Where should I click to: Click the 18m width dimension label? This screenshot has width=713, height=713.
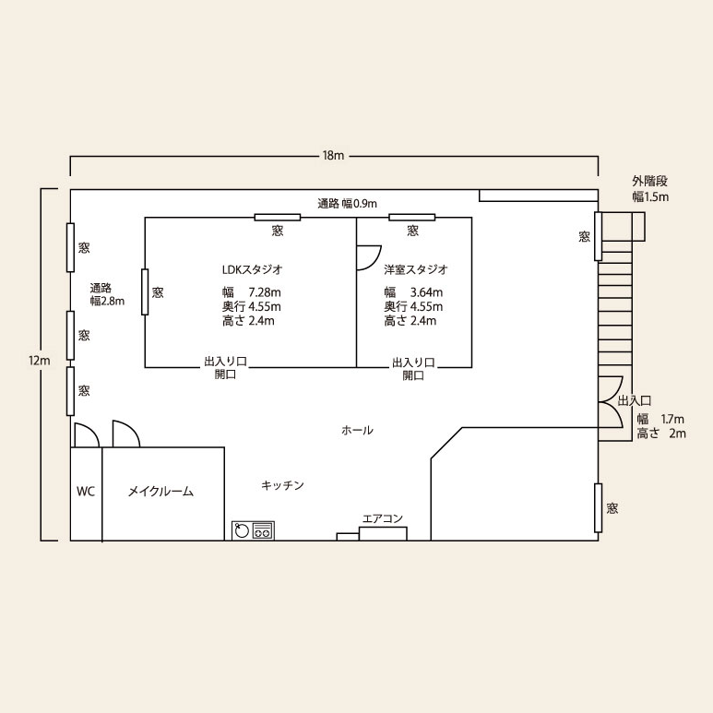click(333, 156)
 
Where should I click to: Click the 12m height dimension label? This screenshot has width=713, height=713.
click(40, 361)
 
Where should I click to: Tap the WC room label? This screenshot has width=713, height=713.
click(86, 491)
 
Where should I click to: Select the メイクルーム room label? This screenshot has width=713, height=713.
click(160, 492)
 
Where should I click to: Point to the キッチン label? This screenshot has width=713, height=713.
click(282, 485)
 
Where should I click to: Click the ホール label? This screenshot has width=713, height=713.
click(357, 430)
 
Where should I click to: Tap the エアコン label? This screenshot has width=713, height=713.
click(383, 518)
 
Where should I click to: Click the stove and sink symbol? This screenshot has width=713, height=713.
click(254, 530)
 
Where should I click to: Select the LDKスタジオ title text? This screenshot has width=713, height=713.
click(253, 269)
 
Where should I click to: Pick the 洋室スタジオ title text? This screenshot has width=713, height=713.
click(416, 269)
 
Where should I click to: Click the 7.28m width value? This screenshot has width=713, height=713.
click(264, 291)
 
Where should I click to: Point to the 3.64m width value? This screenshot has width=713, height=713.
click(426, 291)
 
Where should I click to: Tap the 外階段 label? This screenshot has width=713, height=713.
click(649, 181)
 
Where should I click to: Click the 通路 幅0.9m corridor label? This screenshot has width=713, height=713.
click(347, 203)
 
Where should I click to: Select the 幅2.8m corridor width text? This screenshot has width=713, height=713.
click(107, 301)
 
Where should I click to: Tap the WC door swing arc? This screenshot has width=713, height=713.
click(91, 430)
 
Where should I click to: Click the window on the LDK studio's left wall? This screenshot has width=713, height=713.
click(145, 291)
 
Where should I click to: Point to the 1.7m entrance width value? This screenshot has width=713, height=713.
click(672, 420)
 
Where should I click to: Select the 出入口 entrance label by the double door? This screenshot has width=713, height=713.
click(635, 401)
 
